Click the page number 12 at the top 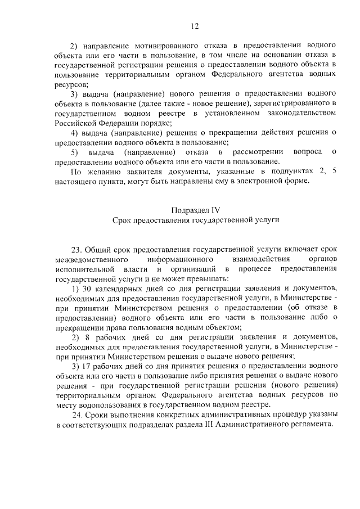pos(195,26)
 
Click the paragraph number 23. pos(76,248)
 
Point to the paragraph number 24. pos(78,414)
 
